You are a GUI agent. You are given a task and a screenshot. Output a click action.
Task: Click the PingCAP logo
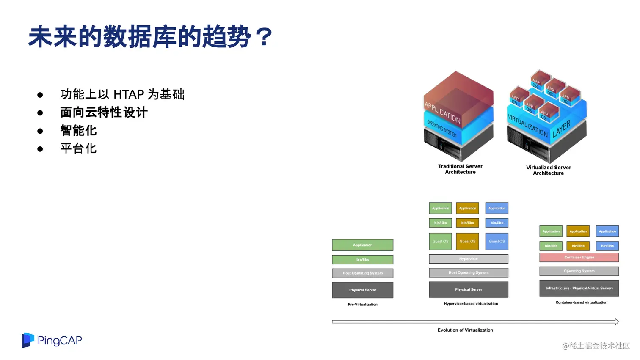point(52,340)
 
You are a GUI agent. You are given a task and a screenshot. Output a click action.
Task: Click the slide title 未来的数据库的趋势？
point(151,37)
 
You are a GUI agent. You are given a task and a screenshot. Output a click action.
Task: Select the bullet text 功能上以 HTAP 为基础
point(122,94)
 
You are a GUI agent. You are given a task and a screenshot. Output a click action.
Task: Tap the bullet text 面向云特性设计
point(104,113)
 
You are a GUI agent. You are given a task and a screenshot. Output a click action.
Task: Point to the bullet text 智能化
point(78,131)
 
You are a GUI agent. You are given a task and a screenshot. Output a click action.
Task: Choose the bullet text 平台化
point(78,148)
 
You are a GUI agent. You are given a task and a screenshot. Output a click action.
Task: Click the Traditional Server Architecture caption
point(460,169)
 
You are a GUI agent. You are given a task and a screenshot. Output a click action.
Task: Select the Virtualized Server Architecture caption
point(548,170)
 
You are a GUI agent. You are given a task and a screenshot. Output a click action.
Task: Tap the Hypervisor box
point(469,259)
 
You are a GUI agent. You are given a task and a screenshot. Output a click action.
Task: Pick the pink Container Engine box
point(579,257)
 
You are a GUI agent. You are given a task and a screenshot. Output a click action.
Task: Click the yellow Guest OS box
point(467,242)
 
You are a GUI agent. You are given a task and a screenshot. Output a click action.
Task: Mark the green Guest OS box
point(440,242)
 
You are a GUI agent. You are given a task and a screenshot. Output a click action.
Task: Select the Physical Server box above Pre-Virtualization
point(362,290)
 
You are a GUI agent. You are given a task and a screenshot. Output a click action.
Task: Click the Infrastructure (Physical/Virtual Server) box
point(579,289)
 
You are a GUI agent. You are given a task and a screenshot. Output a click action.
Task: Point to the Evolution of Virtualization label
point(465,330)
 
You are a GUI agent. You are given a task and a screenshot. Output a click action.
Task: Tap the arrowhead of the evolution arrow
point(617,322)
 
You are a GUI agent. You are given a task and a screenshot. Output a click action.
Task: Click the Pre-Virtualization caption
point(362,305)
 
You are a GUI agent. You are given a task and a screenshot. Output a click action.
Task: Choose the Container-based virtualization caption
point(581,302)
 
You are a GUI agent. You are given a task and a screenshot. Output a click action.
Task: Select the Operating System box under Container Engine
point(579,271)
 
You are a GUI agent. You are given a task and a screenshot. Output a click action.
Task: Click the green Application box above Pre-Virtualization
point(362,245)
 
